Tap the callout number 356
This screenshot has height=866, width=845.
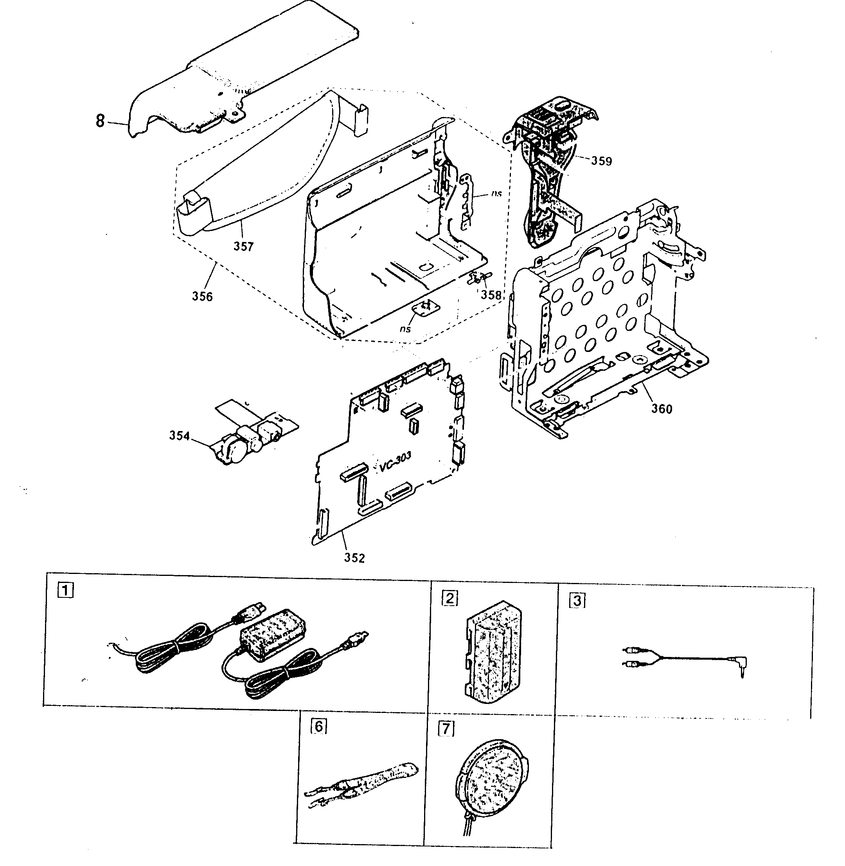[202, 296]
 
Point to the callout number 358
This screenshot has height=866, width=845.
[491, 295]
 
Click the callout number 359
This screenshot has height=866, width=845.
[601, 161]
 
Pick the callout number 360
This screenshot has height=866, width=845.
[661, 409]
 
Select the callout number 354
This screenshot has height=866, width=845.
[179, 436]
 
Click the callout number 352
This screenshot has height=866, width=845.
[354, 558]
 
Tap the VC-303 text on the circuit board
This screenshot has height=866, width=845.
[395, 462]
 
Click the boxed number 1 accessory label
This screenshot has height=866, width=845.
[66, 591]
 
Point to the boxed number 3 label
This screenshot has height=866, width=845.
[577, 601]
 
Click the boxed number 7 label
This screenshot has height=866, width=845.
[446, 728]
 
